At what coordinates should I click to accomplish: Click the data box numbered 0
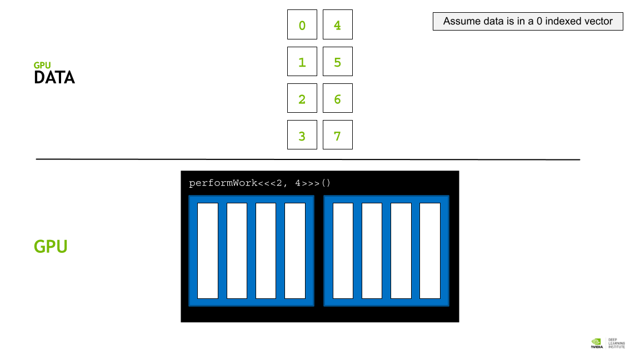302,24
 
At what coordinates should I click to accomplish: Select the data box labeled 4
338,24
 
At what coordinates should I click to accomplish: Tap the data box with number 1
302,62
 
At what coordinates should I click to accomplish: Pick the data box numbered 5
338,62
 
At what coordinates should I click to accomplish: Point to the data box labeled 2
302,98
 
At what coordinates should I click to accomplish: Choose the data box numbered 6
338,98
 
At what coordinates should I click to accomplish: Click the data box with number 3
302,134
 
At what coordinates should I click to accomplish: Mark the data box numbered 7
338,134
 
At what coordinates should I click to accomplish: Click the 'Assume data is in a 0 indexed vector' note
528,21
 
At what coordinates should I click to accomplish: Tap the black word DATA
54,78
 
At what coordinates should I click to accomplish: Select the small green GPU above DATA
42,66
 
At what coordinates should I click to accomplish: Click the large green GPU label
51,247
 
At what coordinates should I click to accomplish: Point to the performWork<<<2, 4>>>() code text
259,183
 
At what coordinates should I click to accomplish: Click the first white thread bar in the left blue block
208,251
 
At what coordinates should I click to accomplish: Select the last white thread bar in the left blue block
294,251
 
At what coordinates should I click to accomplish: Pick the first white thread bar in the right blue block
343,251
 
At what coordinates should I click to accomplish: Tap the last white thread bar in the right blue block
430,251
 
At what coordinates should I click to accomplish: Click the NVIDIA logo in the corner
596,343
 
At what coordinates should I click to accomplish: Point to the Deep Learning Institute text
616,343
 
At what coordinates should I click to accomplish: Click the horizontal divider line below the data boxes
308,159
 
